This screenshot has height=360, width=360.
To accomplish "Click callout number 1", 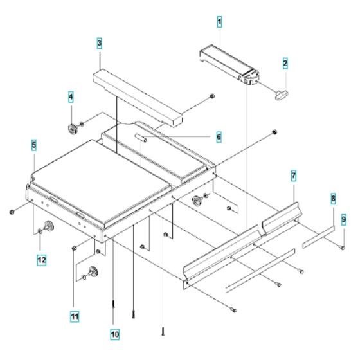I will click(x=219, y=22).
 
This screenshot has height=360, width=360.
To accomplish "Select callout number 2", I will click(x=285, y=63).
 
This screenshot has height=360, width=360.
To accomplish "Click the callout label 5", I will click(x=33, y=146).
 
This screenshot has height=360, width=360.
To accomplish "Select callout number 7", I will click(x=292, y=175).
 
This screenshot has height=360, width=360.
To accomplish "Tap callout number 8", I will click(x=332, y=201).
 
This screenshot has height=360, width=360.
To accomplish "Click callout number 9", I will click(x=343, y=219).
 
